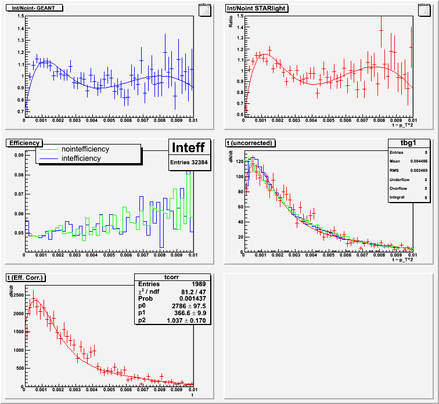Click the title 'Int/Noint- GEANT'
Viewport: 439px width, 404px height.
33,8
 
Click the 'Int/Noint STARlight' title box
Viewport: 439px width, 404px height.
255,8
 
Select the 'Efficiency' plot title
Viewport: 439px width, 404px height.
24,143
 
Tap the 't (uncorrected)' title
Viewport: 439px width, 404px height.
248,143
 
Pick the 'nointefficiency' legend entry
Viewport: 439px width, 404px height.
85,149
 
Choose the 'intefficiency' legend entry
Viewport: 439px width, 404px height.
81,158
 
